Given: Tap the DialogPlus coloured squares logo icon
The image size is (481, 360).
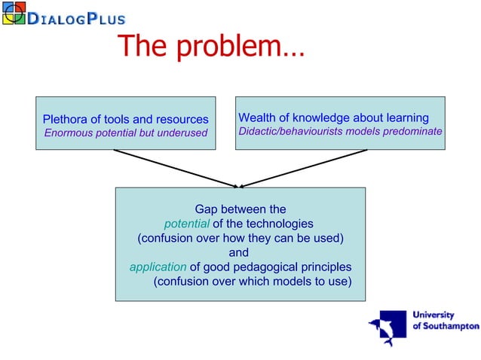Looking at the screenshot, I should click(x=14, y=14).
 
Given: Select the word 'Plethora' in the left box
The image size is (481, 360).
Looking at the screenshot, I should click(x=66, y=119).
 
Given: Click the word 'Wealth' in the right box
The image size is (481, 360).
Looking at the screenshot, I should click(x=256, y=117).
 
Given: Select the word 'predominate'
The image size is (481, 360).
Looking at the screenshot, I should click(x=413, y=131).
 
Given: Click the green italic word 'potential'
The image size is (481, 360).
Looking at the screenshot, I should click(x=186, y=223).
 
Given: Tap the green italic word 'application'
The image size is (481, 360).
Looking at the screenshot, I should click(x=158, y=267).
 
